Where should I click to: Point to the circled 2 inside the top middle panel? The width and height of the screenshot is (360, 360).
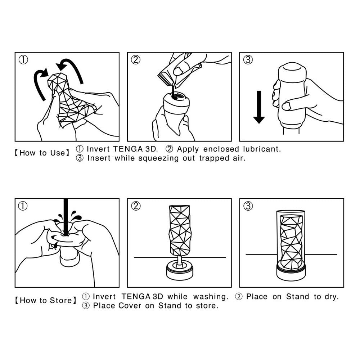135,60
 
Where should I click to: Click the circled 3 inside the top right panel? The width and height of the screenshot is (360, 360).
248,60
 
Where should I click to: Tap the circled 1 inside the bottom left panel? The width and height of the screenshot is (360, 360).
23,206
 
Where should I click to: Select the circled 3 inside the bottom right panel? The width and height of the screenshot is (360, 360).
248,206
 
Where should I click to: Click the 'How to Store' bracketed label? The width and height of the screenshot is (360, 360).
45,301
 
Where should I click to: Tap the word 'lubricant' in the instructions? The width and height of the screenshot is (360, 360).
262,149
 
